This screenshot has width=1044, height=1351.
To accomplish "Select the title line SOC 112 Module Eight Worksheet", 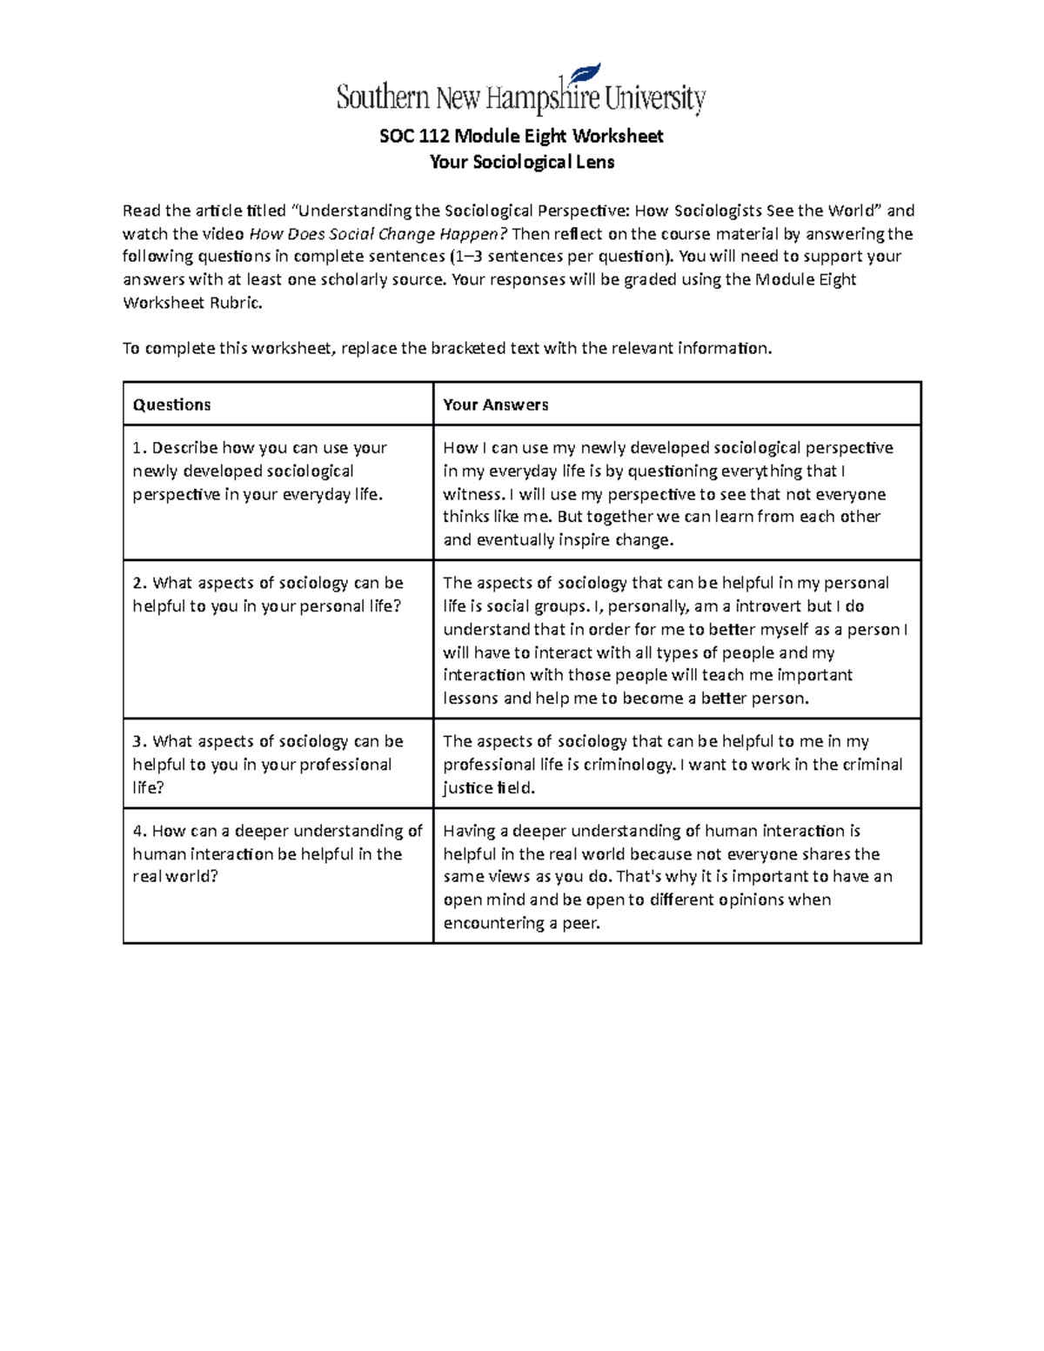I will [521, 137].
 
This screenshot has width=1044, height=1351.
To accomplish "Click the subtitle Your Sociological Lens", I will [522, 162].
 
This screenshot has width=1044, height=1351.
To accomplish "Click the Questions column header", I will [171, 405].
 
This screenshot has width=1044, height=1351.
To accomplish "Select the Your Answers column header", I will [495, 405].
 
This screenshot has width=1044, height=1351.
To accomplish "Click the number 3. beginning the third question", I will [139, 741].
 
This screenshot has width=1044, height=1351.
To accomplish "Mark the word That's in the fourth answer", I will [638, 877].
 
